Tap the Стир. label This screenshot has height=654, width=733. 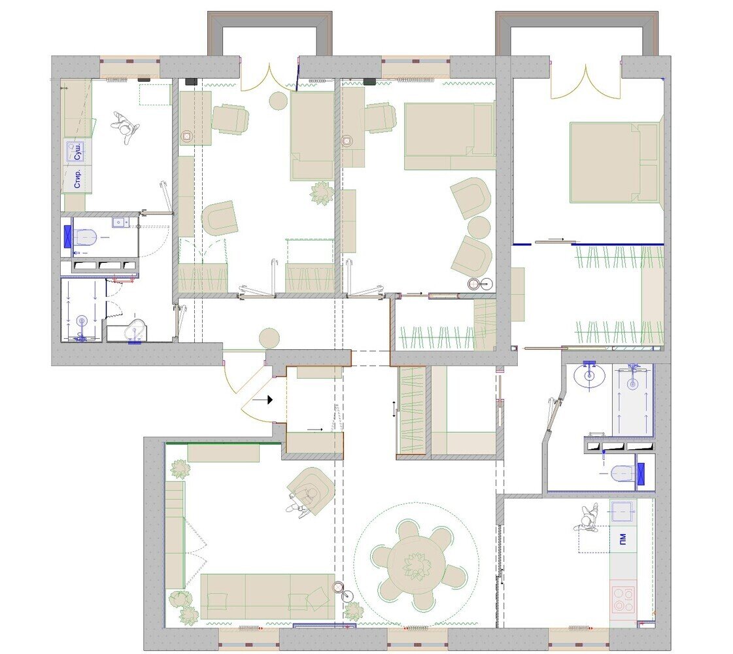point(78,179)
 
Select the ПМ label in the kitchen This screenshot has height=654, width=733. point(622,538)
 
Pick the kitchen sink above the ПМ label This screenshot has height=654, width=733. point(622,511)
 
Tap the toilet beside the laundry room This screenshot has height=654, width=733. point(84,237)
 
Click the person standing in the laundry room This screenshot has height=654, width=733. point(126,126)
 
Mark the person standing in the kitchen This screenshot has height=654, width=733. point(587,518)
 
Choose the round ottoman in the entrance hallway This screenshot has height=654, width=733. point(269,338)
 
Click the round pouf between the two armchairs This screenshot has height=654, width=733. point(479,228)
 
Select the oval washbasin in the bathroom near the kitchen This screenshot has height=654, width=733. point(589,377)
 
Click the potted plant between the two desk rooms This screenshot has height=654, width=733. point(322,193)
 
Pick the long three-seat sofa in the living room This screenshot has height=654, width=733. point(268,596)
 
